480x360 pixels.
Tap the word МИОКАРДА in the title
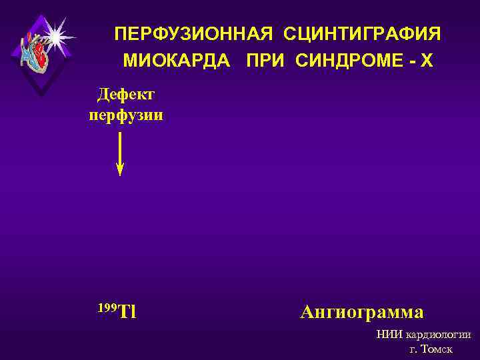coord(177,61)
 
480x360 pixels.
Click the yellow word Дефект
coord(126,95)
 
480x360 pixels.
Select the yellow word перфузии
coord(126,115)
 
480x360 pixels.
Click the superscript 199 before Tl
coord(107,307)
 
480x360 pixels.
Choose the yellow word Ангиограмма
coord(362,311)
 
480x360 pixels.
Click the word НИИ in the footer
coord(389,335)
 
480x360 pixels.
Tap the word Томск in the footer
coord(437,349)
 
